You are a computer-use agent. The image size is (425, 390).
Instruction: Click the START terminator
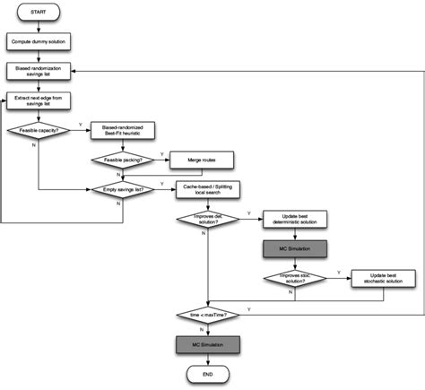(x=38, y=13)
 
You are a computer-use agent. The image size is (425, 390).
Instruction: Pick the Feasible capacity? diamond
(x=38, y=130)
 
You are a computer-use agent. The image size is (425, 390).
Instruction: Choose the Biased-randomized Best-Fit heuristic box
(x=124, y=130)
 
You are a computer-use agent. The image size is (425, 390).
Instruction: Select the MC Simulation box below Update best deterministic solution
(x=296, y=247)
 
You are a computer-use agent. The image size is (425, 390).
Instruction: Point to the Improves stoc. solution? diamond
(x=296, y=278)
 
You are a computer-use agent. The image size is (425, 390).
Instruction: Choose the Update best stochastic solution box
(x=383, y=278)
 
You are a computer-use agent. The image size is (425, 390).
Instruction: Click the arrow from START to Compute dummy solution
(x=38, y=26)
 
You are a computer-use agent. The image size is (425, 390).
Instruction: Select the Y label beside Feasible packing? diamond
(x=163, y=153)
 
